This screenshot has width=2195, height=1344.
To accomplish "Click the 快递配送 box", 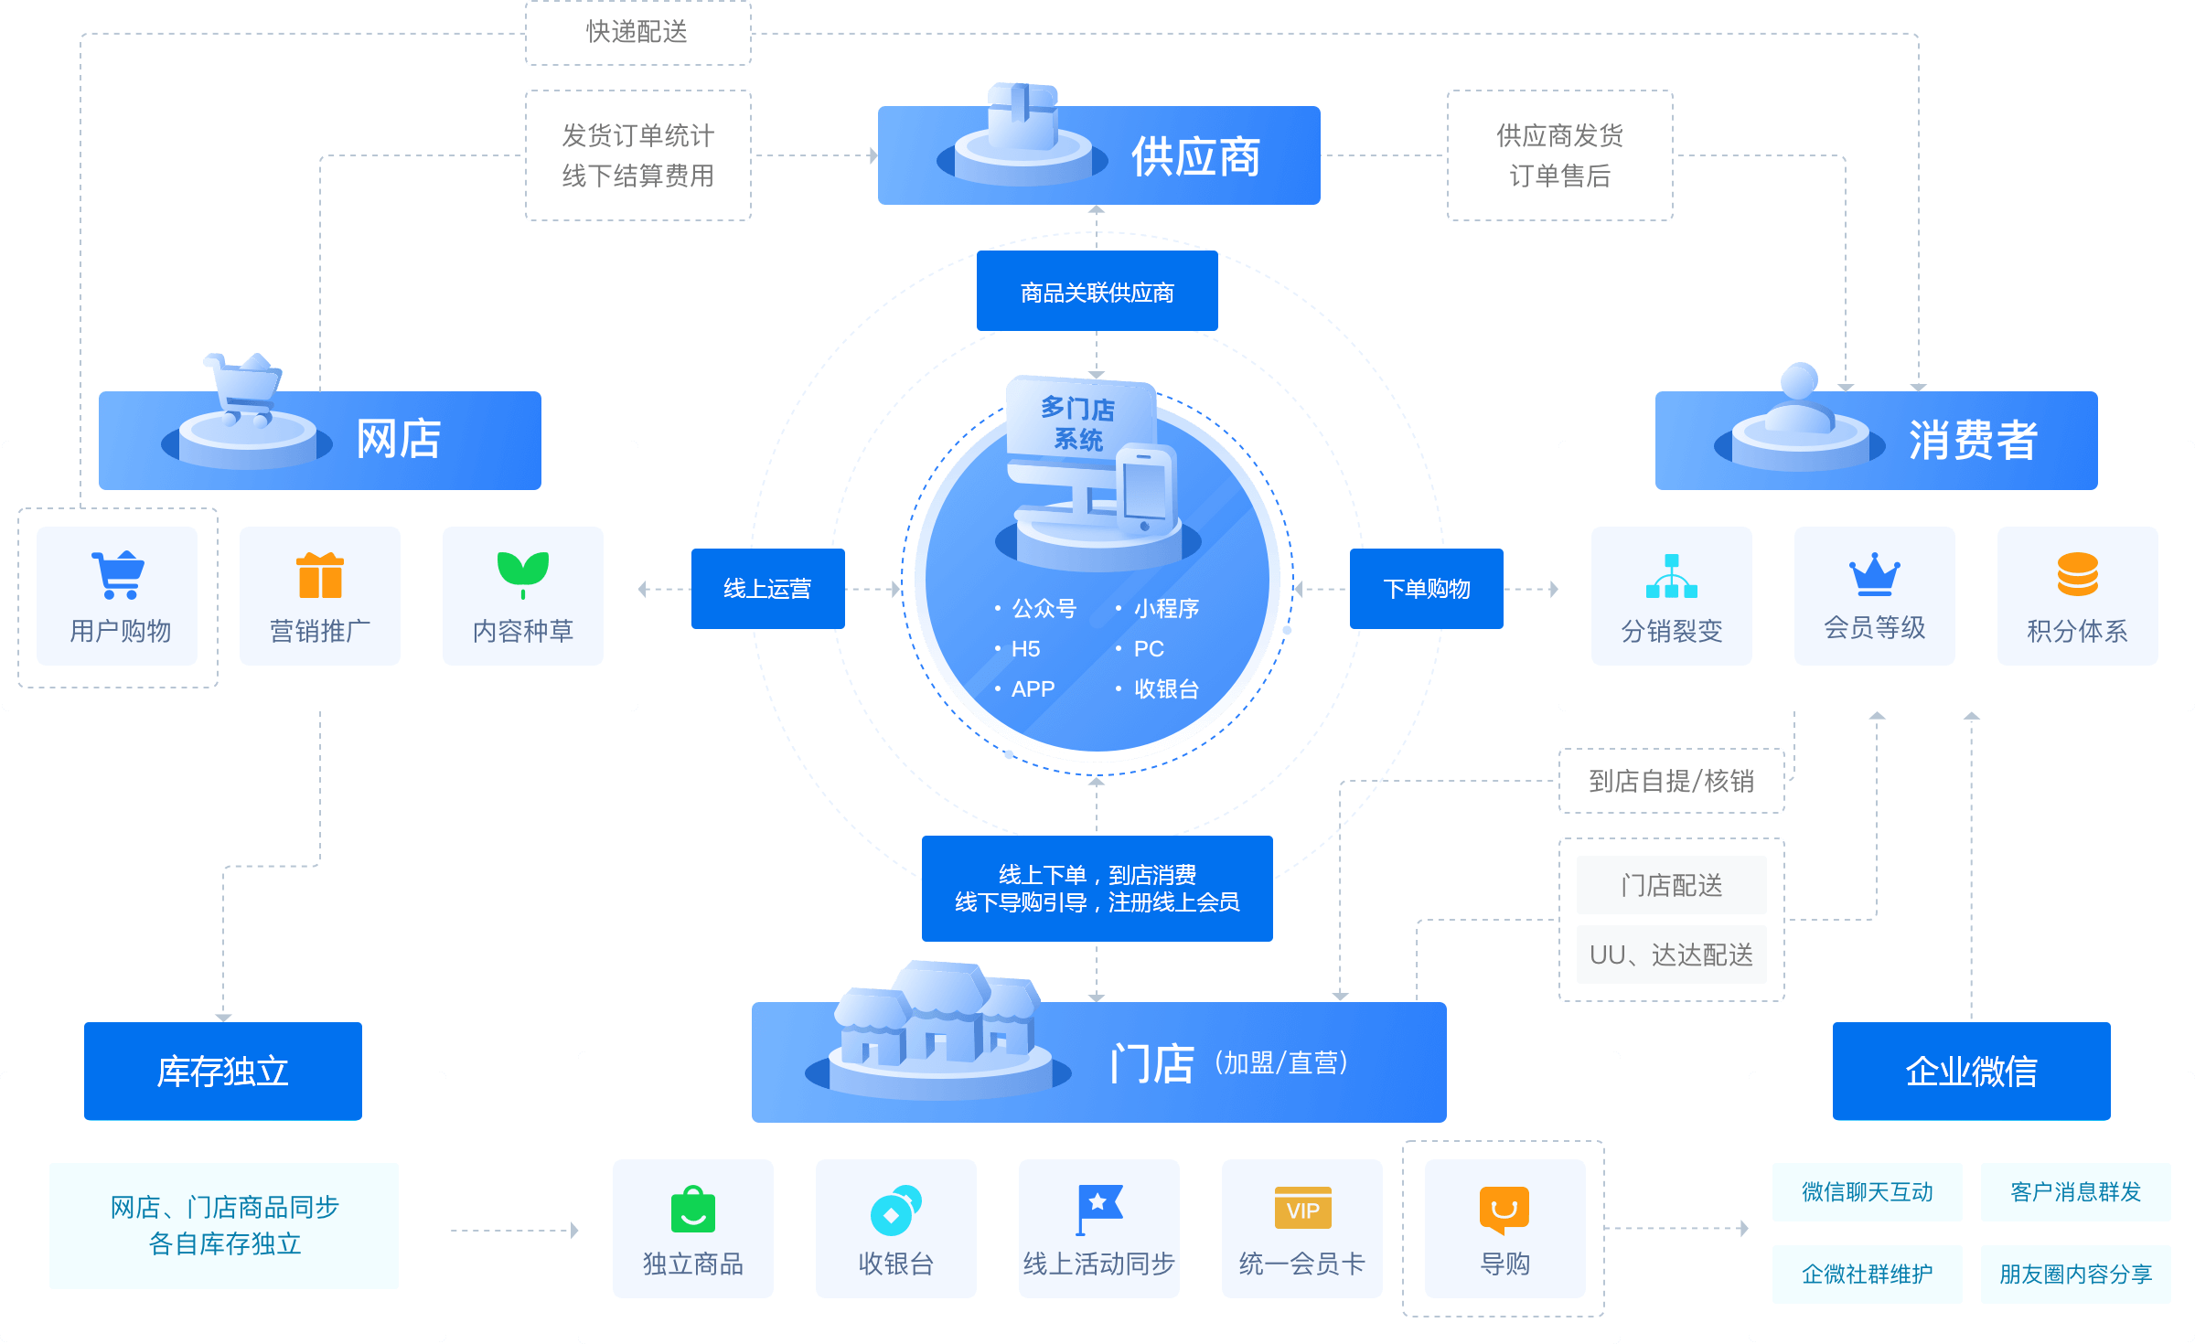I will [637, 32].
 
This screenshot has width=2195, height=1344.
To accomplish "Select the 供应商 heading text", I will [1195, 156].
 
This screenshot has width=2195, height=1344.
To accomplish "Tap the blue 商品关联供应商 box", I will [1097, 292].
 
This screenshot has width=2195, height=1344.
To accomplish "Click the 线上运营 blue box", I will [767, 588].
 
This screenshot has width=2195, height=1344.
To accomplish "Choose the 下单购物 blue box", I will [1426, 588].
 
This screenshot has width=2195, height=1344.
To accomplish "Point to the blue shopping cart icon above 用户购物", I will [118, 574].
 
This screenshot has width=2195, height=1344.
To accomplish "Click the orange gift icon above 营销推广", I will [320, 575].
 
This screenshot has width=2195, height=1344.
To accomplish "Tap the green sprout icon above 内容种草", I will [523, 573].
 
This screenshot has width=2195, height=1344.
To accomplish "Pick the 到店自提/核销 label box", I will [1671, 781].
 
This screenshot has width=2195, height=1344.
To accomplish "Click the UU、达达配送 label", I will [1671, 955].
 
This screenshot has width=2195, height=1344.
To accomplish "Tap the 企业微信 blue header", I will [1971, 1071].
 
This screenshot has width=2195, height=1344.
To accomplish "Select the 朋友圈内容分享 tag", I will [2075, 1274].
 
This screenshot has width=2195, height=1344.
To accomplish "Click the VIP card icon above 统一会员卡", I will [1302, 1209].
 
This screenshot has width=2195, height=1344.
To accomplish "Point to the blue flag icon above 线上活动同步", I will [1098, 1208].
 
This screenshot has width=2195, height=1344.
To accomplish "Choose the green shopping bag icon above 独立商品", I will [693, 1209].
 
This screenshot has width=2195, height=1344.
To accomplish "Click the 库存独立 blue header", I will [223, 1071].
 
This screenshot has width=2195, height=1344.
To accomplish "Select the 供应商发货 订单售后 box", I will [1559, 155].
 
